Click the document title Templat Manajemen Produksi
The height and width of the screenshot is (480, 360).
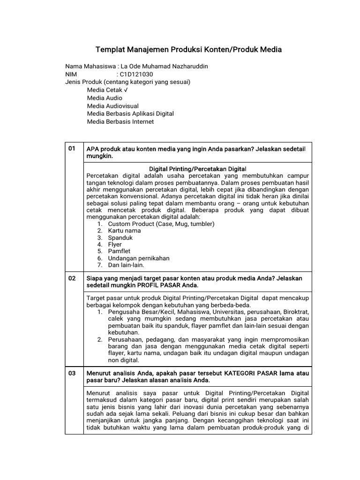[x=188, y=49]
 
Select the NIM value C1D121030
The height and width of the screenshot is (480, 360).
[x=136, y=74]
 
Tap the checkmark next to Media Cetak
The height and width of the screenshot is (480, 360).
[x=126, y=90]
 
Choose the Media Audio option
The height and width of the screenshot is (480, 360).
[x=105, y=98]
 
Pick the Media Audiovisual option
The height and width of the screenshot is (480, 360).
[x=112, y=106]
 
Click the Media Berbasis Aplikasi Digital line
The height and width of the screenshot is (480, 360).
[x=130, y=114]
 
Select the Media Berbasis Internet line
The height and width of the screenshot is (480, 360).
[x=120, y=122]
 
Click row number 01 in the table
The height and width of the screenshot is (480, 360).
[x=72, y=149]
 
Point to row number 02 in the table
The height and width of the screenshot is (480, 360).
[x=72, y=278]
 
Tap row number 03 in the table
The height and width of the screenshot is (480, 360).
[x=72, y=373]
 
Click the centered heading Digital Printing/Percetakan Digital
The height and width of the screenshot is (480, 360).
[x=197, y=168]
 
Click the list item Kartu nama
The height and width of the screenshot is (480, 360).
[x=124, y=231]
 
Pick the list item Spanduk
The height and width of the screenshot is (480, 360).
[x=120, y=238]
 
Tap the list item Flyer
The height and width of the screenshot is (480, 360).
[x=115, y=244]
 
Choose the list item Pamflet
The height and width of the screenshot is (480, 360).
[x=119, y=251]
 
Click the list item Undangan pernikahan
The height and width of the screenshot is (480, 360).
[x=139, y=258]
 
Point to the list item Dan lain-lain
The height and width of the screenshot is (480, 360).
[x=126, y=265]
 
